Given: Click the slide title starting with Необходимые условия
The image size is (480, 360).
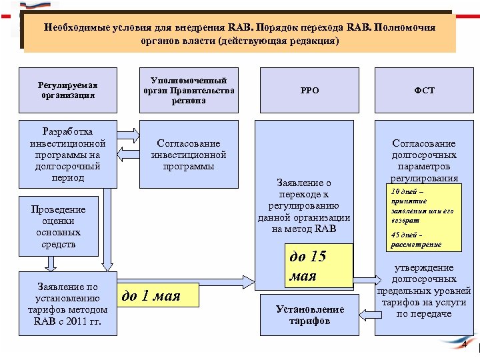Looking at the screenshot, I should (239, 34).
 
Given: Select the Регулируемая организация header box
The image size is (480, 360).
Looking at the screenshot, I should (67, 90).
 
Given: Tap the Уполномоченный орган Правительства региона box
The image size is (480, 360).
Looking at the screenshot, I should (189, 90).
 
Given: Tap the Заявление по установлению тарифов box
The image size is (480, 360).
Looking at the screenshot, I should (67, 303).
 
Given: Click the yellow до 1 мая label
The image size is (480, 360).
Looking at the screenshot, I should (159, 295).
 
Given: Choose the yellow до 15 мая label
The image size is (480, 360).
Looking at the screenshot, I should (318, 266).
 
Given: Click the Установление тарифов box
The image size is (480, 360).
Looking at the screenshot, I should (310, 315).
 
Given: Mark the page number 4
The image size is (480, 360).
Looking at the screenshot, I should (465, 345).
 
